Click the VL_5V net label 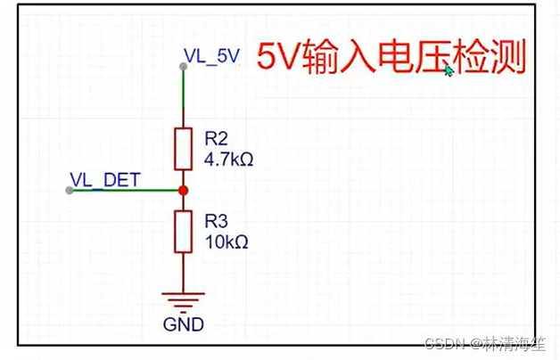pos(211,56)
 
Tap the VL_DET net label pos(104,179)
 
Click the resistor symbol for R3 pos(183,231)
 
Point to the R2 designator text pos(217,138)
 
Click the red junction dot pos(183,191)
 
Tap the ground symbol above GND pos(183,299)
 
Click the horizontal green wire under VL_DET pos(125,191)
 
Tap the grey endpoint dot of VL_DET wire pos(70,191)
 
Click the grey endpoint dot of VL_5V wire pos(183,65)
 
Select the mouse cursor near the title pos(449,70)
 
